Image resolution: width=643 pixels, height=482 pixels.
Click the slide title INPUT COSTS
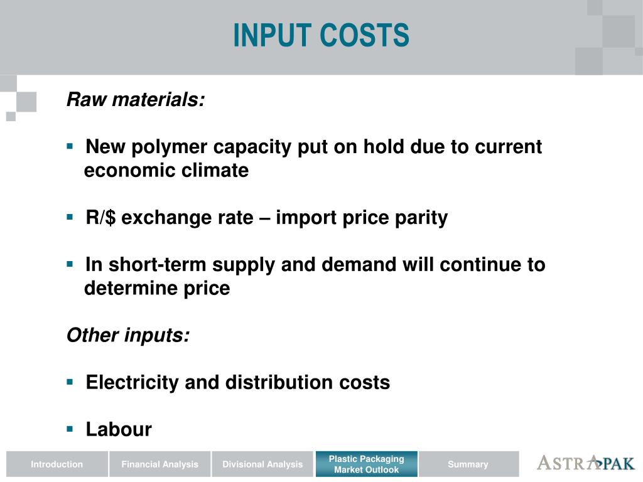(x=321, y=35)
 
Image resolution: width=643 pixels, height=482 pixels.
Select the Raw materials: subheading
(x=136, y=100)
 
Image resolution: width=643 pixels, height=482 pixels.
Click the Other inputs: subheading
(x=128, y=335)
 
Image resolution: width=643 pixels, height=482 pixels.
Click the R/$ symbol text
(x=101, y=218)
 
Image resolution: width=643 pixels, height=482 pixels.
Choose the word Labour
(x=119, y=429)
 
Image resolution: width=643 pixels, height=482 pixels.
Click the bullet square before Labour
(x=70, y=429)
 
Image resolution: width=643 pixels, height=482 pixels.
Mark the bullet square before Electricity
(x=70, y=382)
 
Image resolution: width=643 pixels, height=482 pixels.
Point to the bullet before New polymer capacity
(x=70, y=146)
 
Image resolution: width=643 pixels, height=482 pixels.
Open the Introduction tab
(x=57, y=464)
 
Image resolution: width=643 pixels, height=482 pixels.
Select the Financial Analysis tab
(x=159, y=464)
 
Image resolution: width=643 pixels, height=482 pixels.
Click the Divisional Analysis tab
(x=262, y=464)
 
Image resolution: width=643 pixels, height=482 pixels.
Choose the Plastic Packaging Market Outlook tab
(x=366, y=464)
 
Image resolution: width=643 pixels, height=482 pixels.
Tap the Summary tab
(x=468, y=464)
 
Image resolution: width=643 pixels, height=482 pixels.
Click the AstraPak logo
(x=585, y=463)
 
